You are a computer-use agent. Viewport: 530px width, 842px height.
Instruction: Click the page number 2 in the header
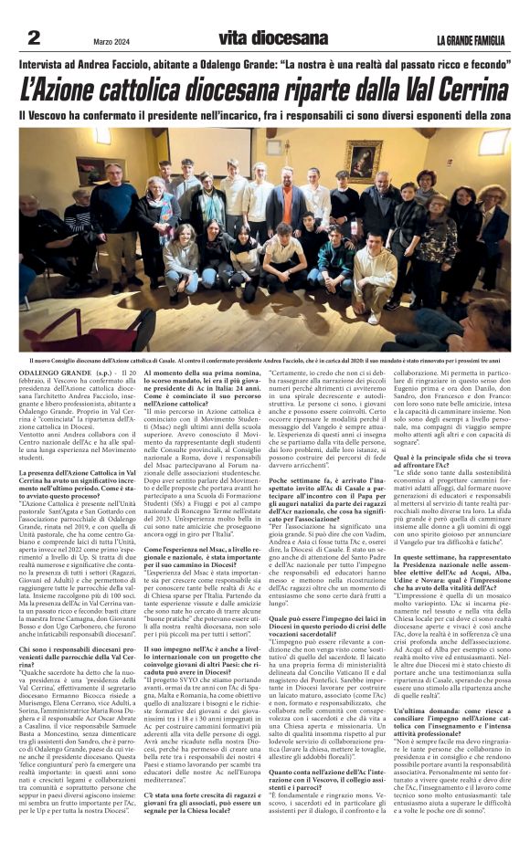click(34, 37)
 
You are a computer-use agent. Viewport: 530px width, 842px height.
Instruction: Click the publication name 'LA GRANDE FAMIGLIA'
click(468, 39)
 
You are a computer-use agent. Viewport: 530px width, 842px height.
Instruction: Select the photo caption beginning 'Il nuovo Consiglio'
click(265, 336)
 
